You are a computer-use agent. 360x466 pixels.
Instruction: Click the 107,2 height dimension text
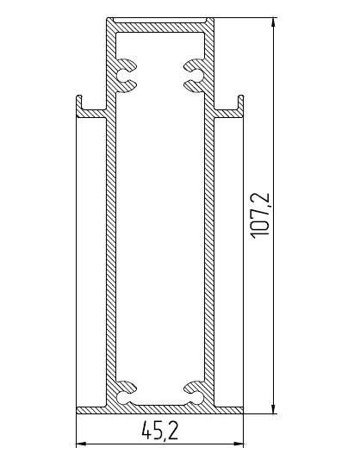tap(261, 215)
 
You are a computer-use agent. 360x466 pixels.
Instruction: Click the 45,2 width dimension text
tap(158, 430)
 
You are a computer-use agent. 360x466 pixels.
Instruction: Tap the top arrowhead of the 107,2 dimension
tap(274, 22)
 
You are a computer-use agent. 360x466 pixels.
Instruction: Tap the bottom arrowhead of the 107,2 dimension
tap(274, 409)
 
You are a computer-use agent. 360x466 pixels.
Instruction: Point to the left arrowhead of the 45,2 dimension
tap(81, 444)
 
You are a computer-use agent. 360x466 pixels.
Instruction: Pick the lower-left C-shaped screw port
tap(127, 392)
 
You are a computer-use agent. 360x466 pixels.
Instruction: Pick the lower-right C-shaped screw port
tap(191, 392)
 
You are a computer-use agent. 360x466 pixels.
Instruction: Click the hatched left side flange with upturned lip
tap(90, 111)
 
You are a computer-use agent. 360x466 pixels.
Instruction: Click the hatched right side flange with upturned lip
tap(228, 111)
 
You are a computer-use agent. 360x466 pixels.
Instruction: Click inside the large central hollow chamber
tap(159, 233)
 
